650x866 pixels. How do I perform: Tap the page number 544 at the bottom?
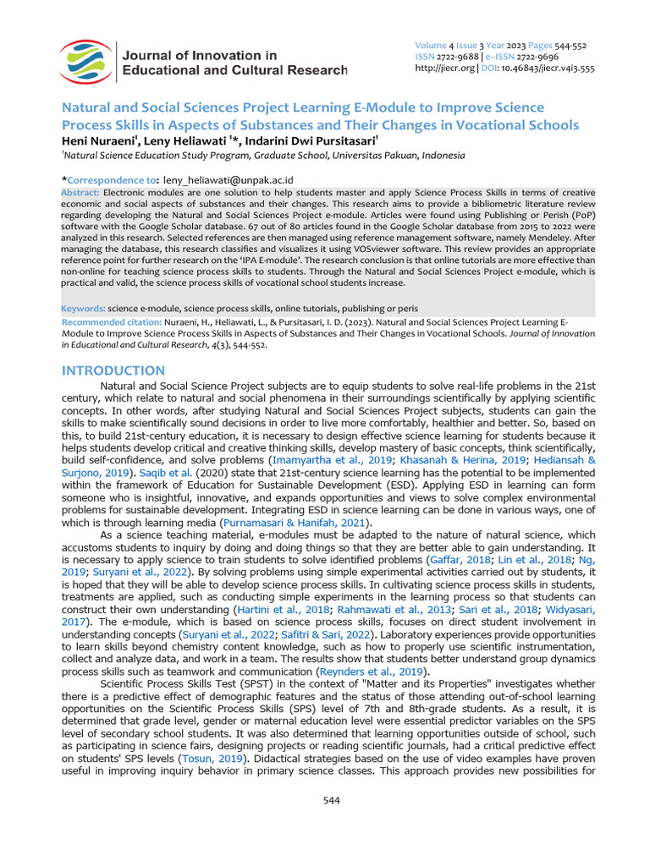pyautogui.click(x=332, y=800)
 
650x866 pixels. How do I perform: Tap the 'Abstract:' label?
pyautogui.click(x=81, y=193)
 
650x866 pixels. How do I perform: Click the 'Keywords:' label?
pyautogui.click(x=83, y=309)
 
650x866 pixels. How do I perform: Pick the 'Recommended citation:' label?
pyautogui.click(x=106, y=323)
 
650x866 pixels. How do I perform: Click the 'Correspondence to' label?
pyautogui.click(x=112, y=180)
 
